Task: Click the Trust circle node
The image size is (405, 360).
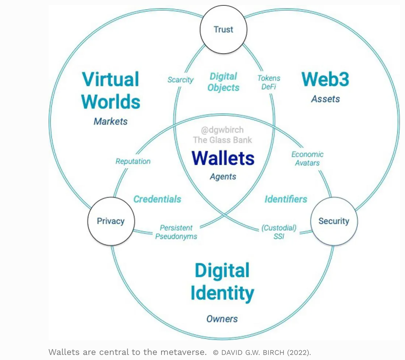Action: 223,29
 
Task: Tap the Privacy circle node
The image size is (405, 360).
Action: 111,221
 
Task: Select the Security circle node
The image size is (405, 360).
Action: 334,221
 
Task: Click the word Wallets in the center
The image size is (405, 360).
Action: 223,158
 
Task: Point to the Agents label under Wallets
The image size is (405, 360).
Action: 223,177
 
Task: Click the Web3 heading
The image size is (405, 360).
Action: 325,79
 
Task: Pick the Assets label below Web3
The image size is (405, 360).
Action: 325,99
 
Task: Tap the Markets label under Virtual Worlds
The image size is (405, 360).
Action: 111,121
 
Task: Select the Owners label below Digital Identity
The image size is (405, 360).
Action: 222,319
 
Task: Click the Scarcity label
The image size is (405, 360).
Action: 180,80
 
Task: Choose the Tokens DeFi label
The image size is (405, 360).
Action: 269,82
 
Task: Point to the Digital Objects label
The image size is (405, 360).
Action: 224,82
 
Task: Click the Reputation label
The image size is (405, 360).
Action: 133,161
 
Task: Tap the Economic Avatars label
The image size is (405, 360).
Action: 307,159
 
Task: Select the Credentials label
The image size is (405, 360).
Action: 157,199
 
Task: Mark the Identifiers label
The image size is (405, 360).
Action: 286,199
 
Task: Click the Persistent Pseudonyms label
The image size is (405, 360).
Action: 176,232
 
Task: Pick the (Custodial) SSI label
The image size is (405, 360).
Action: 279,232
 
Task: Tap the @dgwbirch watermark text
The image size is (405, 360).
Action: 222,130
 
